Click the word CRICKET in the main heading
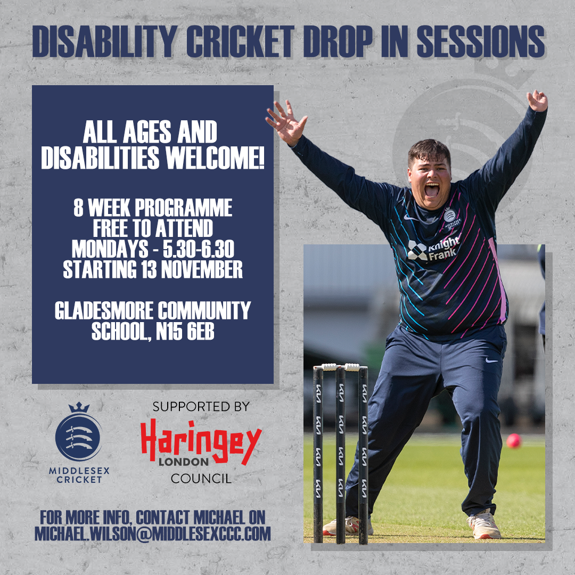(x=240, y=41)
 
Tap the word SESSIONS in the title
(x=481, y=41)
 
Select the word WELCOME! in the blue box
(x=215, y=158)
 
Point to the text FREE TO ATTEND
(x=153, y=228)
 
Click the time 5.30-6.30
(x=199, y=249)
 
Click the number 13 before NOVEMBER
(x=149, y=269)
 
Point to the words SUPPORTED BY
(x=201, y=407)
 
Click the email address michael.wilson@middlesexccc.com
(x=153, y=533)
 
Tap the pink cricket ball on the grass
(x=513, y=441)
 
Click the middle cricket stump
(x=341, y=455)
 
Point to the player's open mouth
(x=432, y=189)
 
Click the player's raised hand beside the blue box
(x=286, y=122)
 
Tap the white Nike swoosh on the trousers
(x=492, y=360)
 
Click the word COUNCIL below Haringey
(x=201, y=479)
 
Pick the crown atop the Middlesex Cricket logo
(x=79, y=407)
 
